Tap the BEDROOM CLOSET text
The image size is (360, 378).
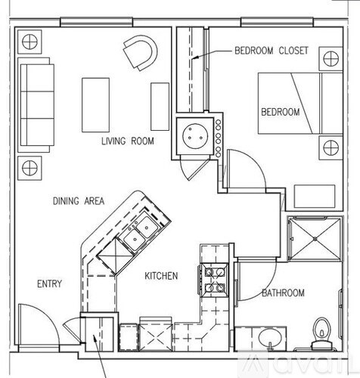271,51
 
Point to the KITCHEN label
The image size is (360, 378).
160,277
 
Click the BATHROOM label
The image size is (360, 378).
283,293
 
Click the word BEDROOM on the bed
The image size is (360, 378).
281,112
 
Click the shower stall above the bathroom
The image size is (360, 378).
315,238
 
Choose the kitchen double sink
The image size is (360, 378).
137,234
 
